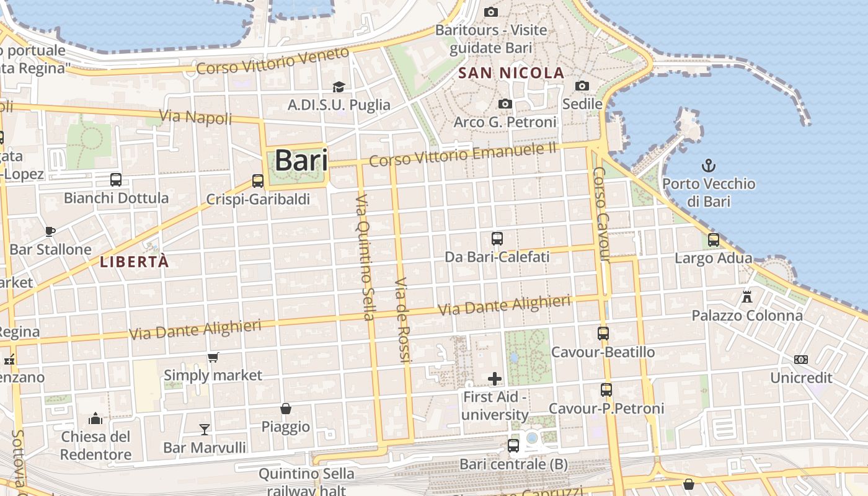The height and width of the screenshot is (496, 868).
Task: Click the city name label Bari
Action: [301, 160]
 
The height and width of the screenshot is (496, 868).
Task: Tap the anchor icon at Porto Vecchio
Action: [708, 166]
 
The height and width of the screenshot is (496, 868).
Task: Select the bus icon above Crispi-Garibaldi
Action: [258, 181]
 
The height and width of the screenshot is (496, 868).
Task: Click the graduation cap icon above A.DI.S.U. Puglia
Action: [339, 87]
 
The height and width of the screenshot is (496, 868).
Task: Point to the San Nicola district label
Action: [511, 73]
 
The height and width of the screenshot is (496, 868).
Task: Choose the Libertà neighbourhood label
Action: [134, 262]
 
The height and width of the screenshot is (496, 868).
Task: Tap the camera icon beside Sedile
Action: [582, 86]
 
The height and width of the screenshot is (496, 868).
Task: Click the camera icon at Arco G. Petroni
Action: [505, 104]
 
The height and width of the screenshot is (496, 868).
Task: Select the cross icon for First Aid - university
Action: [495, 378]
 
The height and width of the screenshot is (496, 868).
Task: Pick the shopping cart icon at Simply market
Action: [213, 357]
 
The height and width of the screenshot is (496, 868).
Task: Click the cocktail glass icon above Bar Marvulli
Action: [205, 429]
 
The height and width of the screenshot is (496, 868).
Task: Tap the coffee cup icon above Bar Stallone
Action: [50, 232]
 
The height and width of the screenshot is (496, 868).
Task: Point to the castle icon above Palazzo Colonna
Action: [747, 297]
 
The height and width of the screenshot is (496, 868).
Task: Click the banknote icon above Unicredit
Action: [801, 360]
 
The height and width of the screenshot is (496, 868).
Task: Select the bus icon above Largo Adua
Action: [714, 239]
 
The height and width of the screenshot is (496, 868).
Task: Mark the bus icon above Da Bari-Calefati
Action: [497, 238]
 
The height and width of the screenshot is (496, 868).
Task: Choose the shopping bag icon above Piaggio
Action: [286, 409]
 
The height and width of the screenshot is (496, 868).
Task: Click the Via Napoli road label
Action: [195, 116]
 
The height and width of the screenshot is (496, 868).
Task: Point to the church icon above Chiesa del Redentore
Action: [95, 418]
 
